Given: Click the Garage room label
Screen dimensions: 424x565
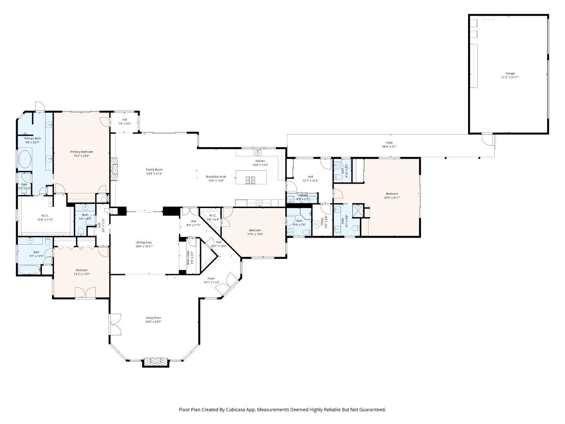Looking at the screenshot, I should click(510, 73).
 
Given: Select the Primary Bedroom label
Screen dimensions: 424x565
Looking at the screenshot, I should click(81, 152).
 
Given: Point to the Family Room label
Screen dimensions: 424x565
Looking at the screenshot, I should click(154, 170).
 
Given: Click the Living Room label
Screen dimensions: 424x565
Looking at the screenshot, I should click(153, 318).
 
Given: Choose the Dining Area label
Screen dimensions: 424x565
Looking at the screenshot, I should click(144, 242).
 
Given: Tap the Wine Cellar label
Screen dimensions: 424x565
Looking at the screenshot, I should click(188, 258).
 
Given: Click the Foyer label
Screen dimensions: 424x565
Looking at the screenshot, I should click(211, 278).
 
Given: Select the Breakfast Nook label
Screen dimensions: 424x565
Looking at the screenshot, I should click(216, 177).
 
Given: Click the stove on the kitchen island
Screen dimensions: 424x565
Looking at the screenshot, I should click(250, 180).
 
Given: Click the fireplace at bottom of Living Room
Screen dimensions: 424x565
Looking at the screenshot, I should click(156, 362).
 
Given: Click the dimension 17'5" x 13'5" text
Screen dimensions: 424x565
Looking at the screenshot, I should click(255, 234).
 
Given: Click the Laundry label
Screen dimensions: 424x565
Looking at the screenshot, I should click(303, 195).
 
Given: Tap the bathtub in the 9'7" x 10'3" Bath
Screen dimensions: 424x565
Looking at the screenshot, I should click(29, 270).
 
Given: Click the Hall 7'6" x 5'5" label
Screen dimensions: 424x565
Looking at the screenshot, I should click(124, 119).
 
